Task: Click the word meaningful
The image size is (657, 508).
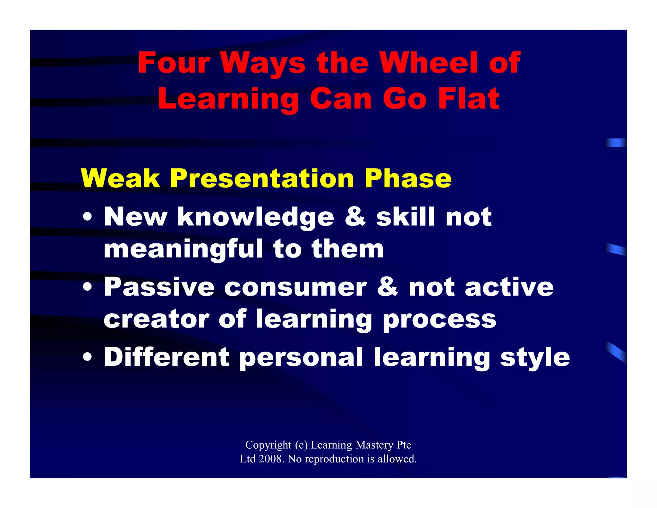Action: (183, 250)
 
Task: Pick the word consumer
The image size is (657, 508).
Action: (295, 287)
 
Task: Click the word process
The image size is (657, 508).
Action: (439, 320)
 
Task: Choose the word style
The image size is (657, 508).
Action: (535, 357)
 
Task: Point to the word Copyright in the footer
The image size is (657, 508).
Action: (268, 445)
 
